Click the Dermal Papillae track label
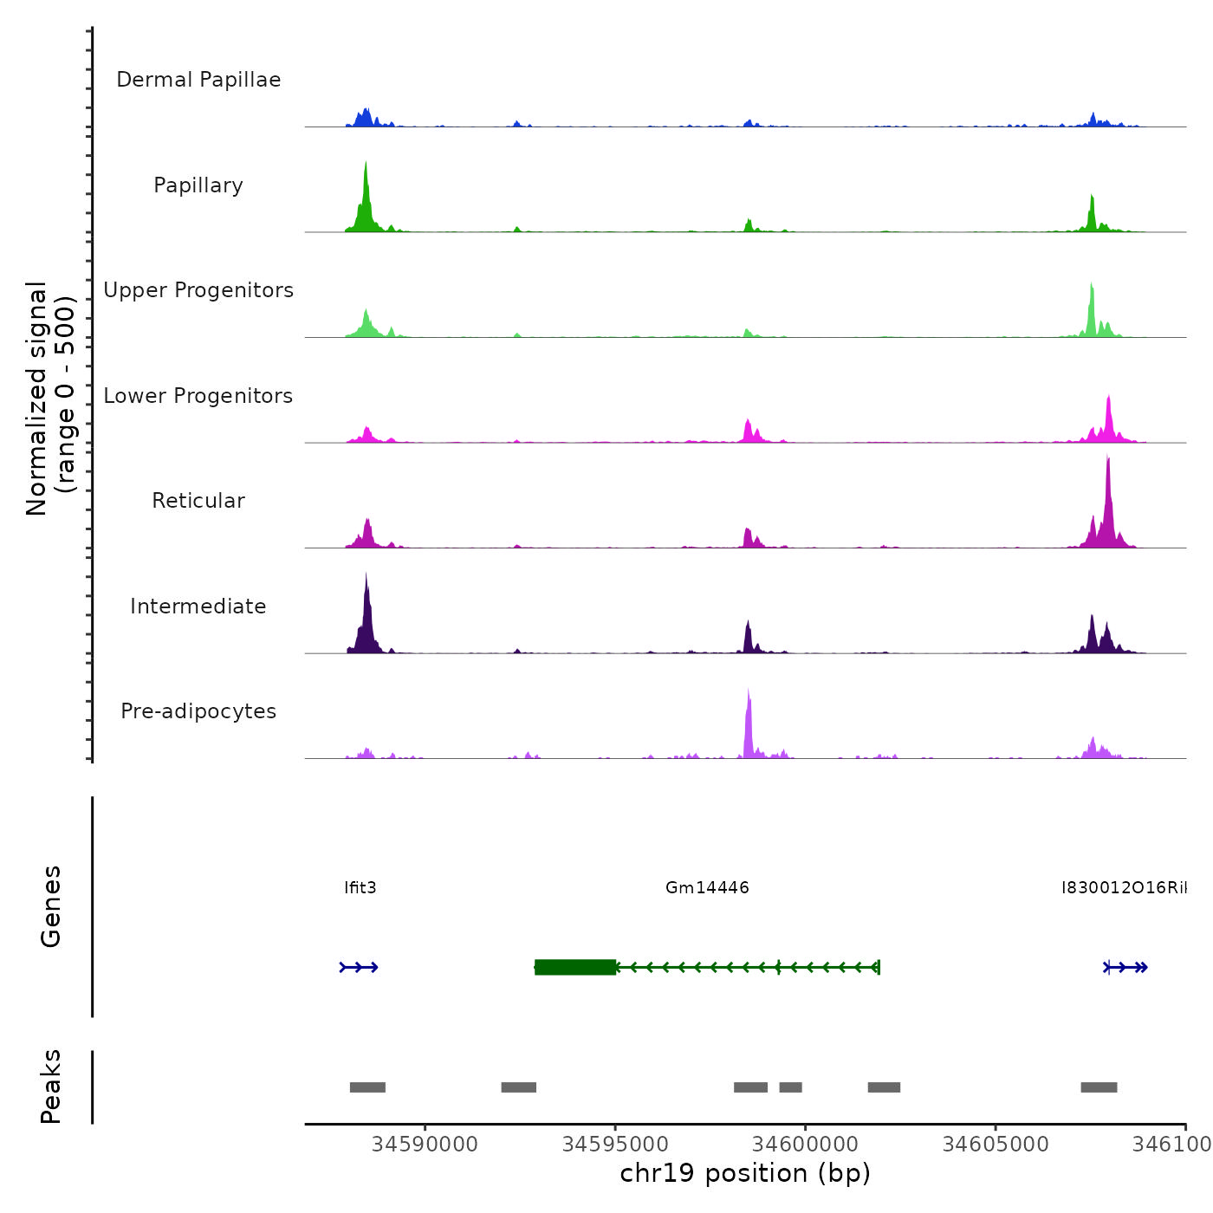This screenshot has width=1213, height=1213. coord(198,80)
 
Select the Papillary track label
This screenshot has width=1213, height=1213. coord(198,185)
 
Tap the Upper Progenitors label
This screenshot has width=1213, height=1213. coord(198,290)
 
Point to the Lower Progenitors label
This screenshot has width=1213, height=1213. coord(198,396)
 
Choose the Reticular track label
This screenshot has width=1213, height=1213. coord(198,501)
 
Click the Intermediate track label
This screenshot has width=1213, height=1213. coord(198,606)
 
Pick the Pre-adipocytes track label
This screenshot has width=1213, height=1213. coord(198,711)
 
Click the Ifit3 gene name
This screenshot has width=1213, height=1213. coord(360,887)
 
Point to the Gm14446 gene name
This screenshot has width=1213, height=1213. coord(707,887)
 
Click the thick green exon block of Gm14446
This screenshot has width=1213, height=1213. coord(575,967)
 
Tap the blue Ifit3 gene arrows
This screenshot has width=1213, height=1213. coord(359,967)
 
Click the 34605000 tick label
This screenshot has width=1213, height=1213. coord(995,1145)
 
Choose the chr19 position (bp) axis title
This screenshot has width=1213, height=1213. coord(745,1173)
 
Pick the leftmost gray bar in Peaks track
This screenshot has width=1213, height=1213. coord(367,1087)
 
